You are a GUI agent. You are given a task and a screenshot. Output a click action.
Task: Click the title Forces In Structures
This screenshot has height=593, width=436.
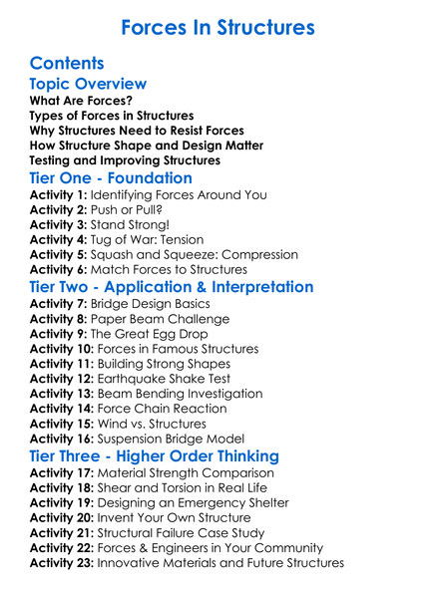click(218, 26)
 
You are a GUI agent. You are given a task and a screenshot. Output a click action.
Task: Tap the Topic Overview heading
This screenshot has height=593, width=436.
click(89, 84)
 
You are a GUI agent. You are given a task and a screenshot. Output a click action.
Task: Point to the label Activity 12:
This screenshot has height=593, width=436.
click(62, 379)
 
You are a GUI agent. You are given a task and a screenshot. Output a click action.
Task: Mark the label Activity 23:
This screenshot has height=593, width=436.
click(62, 563)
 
